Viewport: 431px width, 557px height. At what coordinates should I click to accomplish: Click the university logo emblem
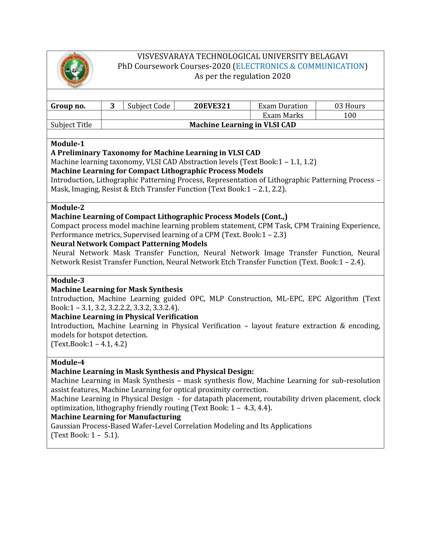click(x=74, y=70)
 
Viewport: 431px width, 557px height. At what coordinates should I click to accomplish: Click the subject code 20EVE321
click(x=212, y=106)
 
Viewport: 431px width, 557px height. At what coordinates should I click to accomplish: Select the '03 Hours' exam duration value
click(x=350, y=106)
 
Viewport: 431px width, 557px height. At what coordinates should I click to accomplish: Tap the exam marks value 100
click(x=350, y=115)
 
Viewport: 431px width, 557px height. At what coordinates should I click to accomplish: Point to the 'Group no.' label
click(x=68, y=106)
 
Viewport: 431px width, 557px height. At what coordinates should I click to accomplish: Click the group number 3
click(x=112, y=106)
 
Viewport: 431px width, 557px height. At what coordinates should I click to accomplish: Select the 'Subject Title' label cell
click(x=71, y=125)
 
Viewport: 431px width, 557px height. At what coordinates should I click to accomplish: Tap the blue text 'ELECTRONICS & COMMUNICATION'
click(x=300, y=66)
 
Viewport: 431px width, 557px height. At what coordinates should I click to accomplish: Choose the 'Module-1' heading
click(x=67, y=144)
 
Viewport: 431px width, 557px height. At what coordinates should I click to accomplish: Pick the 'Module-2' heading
click(x=67, y=207)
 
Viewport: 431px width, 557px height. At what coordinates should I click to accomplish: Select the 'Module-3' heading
click(x=67, y=280)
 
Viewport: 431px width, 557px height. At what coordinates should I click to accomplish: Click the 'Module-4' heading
click(x=67, y=362)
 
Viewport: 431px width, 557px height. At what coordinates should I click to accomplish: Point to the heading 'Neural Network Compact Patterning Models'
click(x=129, y=244)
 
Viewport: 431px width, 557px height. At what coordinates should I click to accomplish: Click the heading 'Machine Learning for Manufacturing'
click(x=116, y=417)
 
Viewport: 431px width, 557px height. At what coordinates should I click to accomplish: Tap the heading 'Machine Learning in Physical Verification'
click(x=124, y=317)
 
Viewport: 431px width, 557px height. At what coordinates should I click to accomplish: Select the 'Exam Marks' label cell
click(x=283, y=115)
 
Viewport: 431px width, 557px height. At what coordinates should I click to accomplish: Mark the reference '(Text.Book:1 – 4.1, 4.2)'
click(x=89, y=344)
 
